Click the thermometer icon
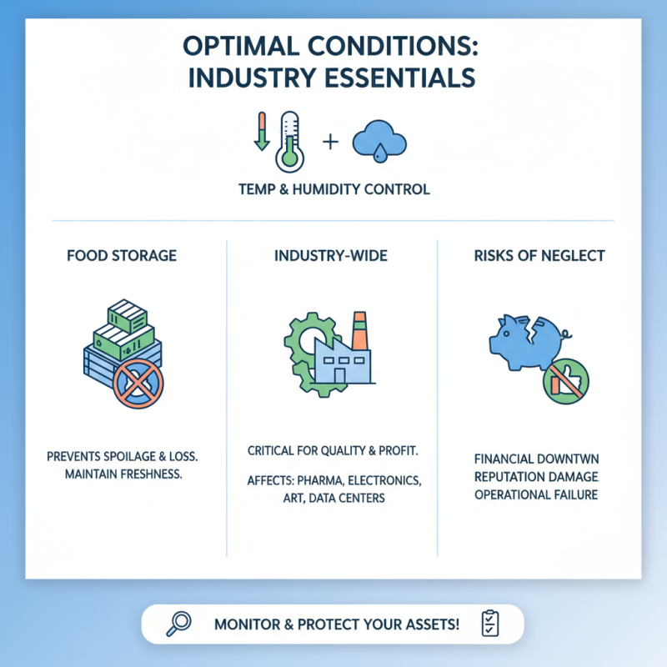(289, 140)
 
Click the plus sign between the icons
(330, 142)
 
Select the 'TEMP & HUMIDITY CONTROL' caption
(333, 189)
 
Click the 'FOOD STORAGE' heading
(122, 255)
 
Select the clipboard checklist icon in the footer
(489, 624)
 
